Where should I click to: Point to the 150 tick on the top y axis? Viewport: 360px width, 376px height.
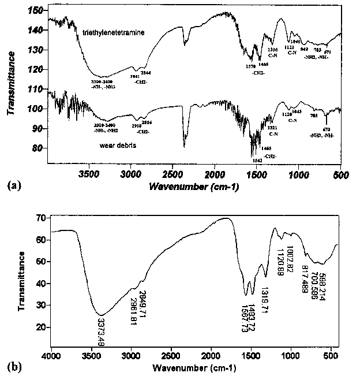(36, 11)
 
